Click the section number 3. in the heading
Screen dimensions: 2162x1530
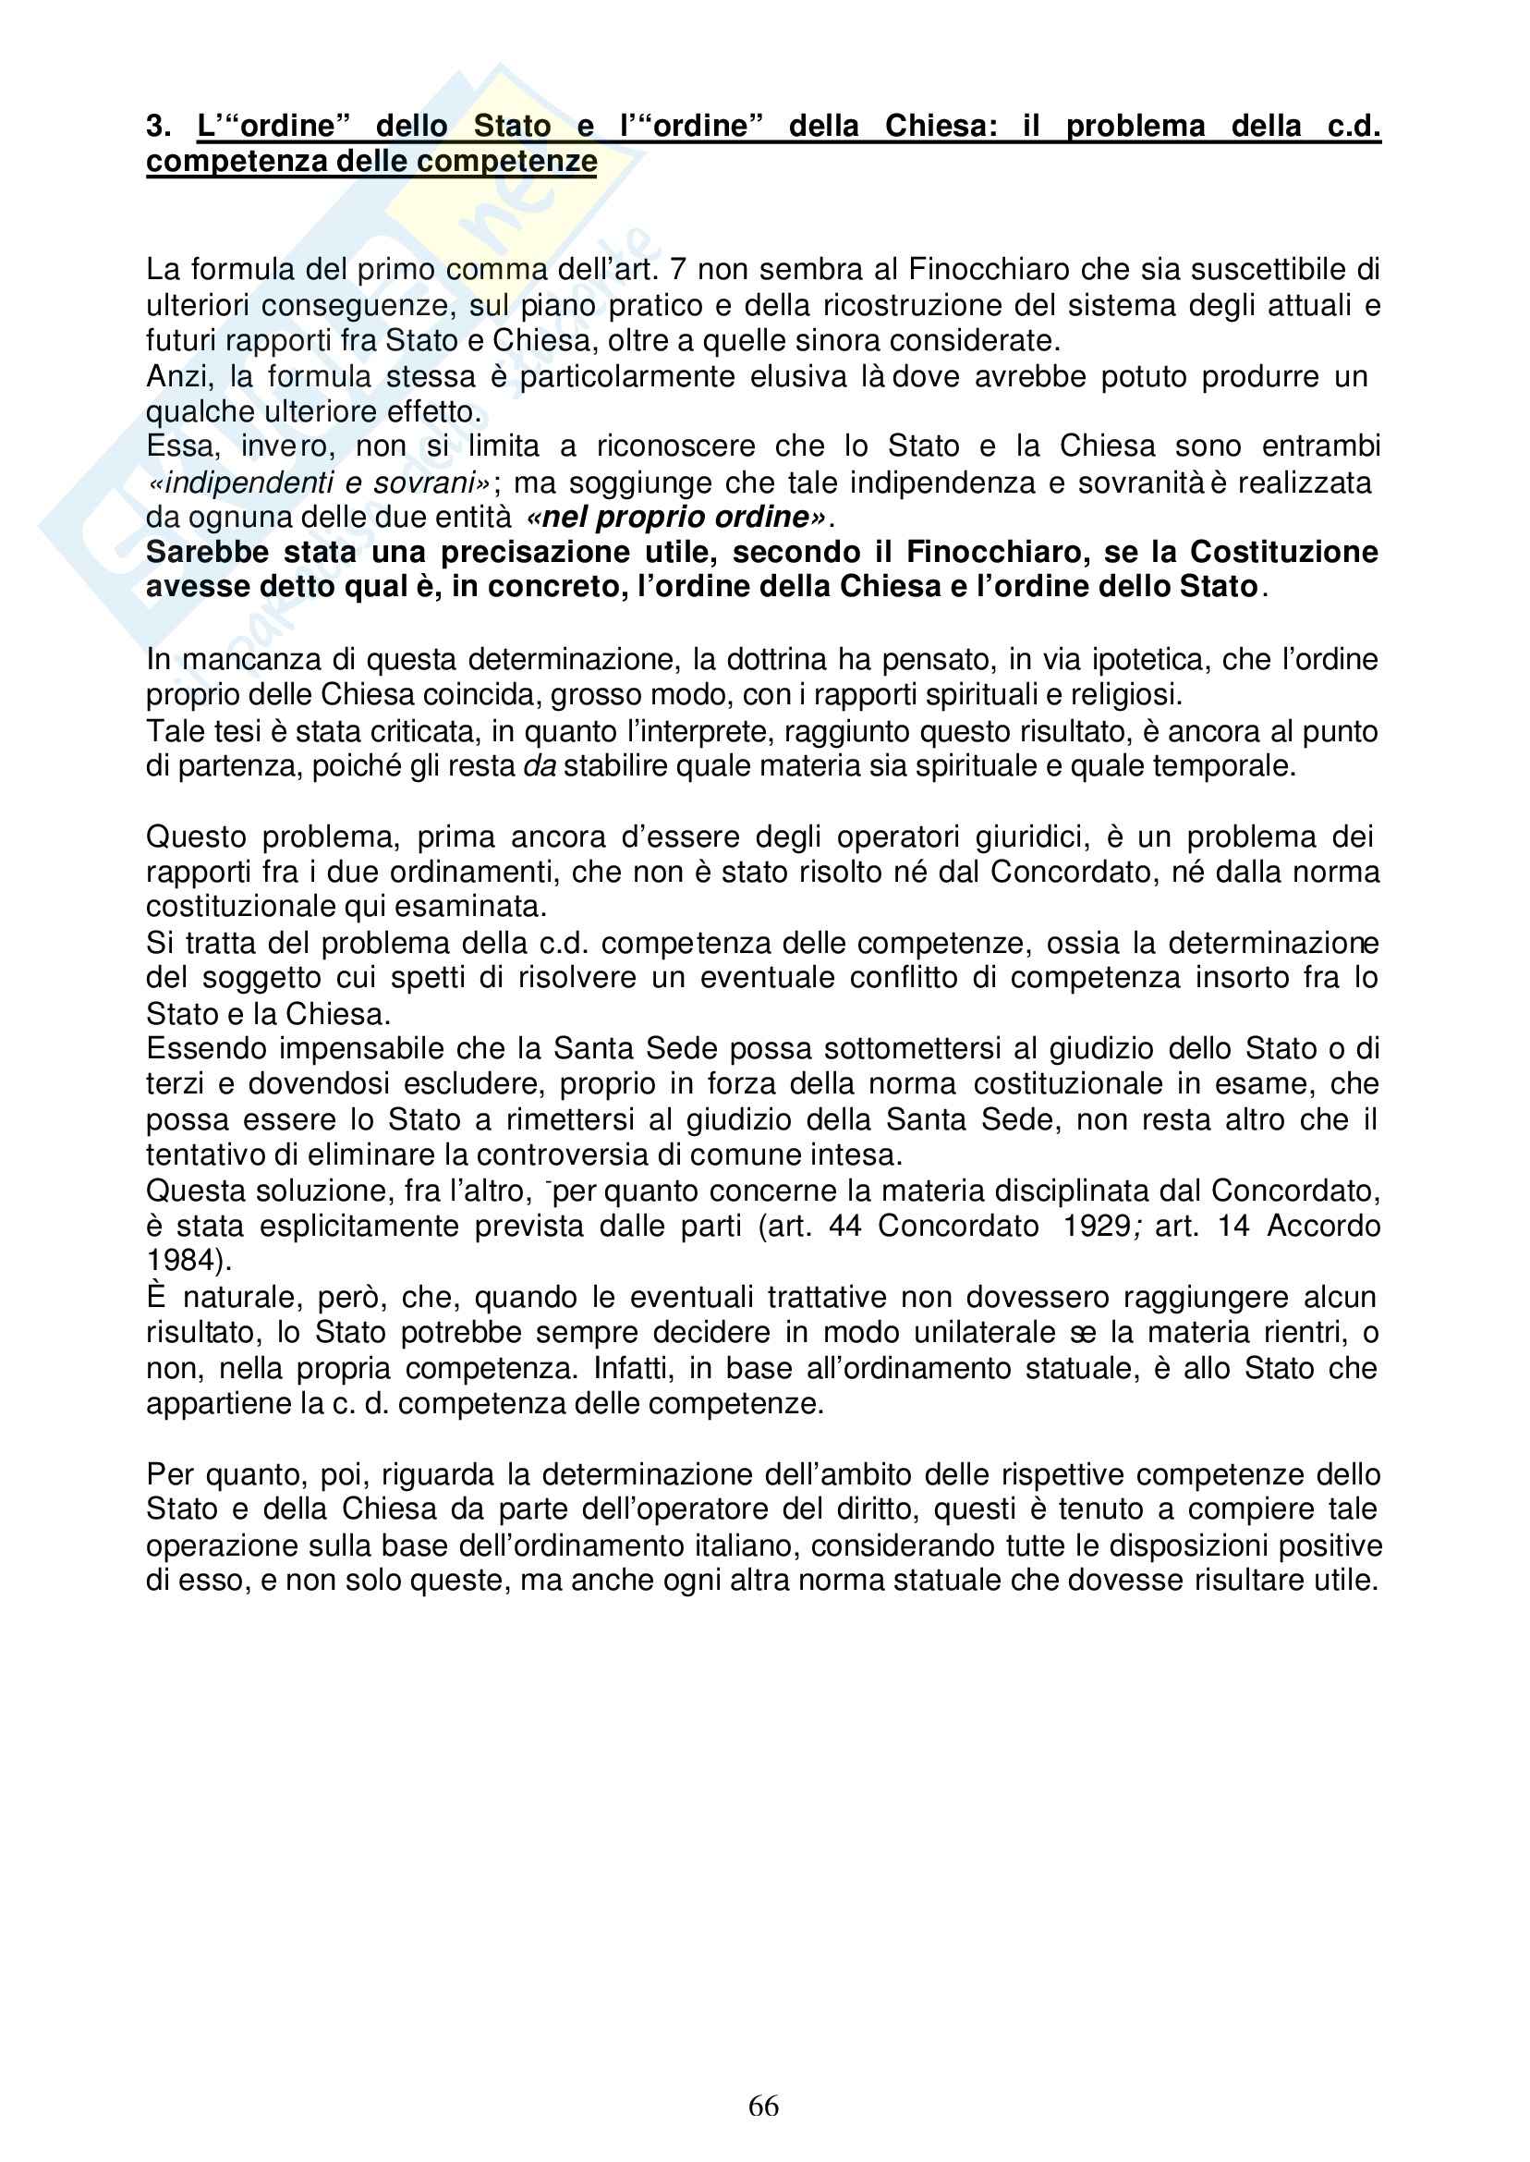158,127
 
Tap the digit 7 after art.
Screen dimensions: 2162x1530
677,271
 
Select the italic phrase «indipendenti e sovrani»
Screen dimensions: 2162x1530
320,483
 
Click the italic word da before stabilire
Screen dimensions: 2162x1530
540,766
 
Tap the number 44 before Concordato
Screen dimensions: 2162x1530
845,1228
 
